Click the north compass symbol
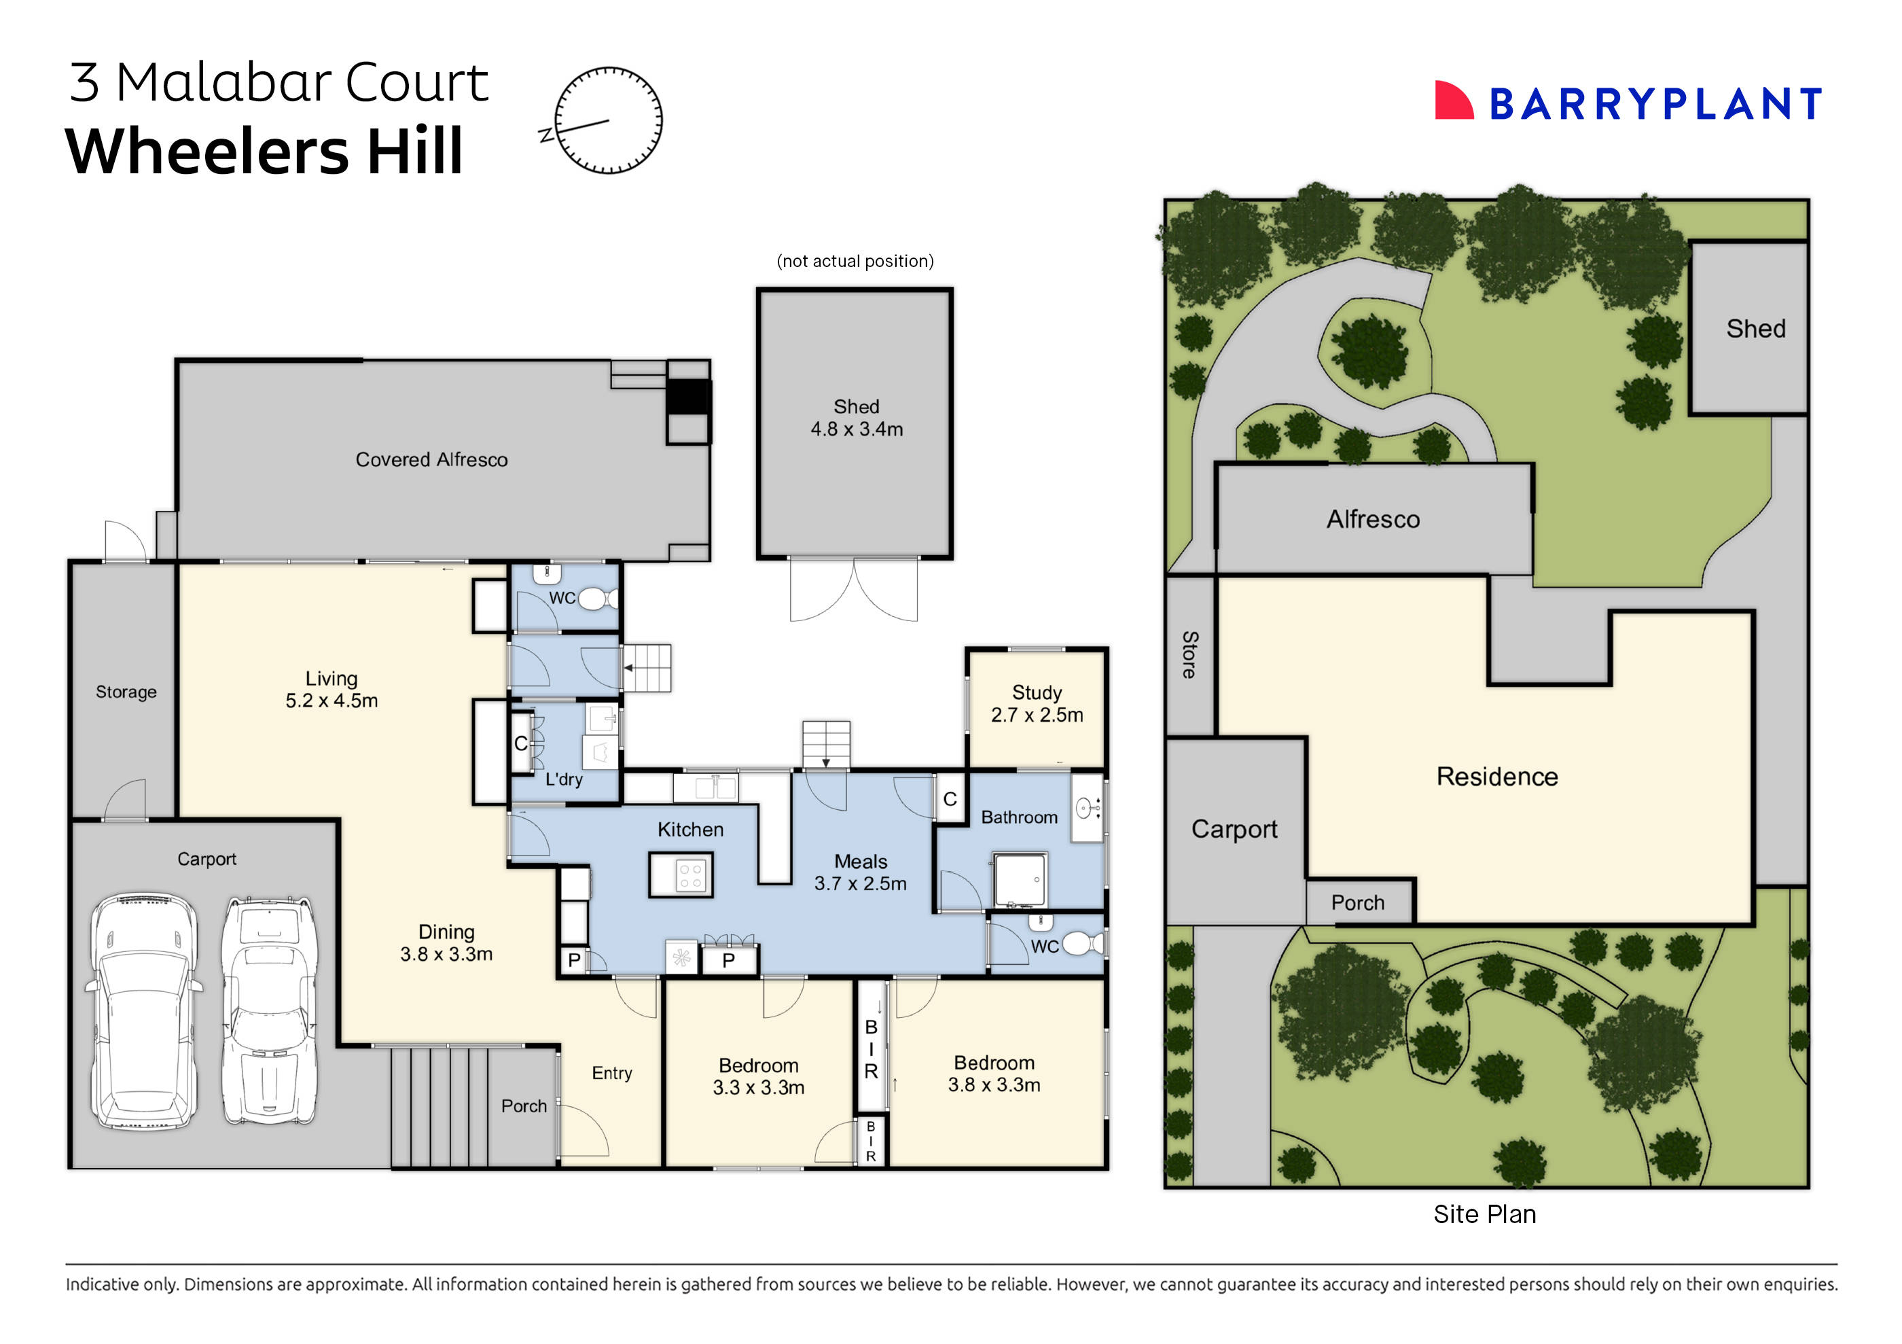pyautogui.click(x=607, y=120)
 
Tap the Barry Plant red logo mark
pyautogui.click(x=1453, y=101)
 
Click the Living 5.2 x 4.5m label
pyautogui.click(x=331, y=690)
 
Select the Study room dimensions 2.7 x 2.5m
pyautogui.click(x=1037, y=715)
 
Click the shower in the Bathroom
pyautogui.click(x=1019, y=879)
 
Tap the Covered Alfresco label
pyautogui.click(x=431, y=460)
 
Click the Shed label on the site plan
pyautogui.click(x=1755, y=329)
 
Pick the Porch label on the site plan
pyautogui.click(x=1357, y=902)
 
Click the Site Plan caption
pyautogui.click(x=1484, y=1214)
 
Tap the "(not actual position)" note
pyautogui.click(x=855, y=261)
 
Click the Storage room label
pyautogui.click(x=126, y=692)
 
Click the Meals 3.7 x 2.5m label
pyautogui.click(x=860, y=872)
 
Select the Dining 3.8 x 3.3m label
pyautogui.click(x=446, y=943)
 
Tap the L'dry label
pyautogui.click(x=563, y=780)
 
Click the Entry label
pyautogui.click(x=611, y=1073)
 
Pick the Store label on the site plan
pyautogui.click(x=1189, y=654)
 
